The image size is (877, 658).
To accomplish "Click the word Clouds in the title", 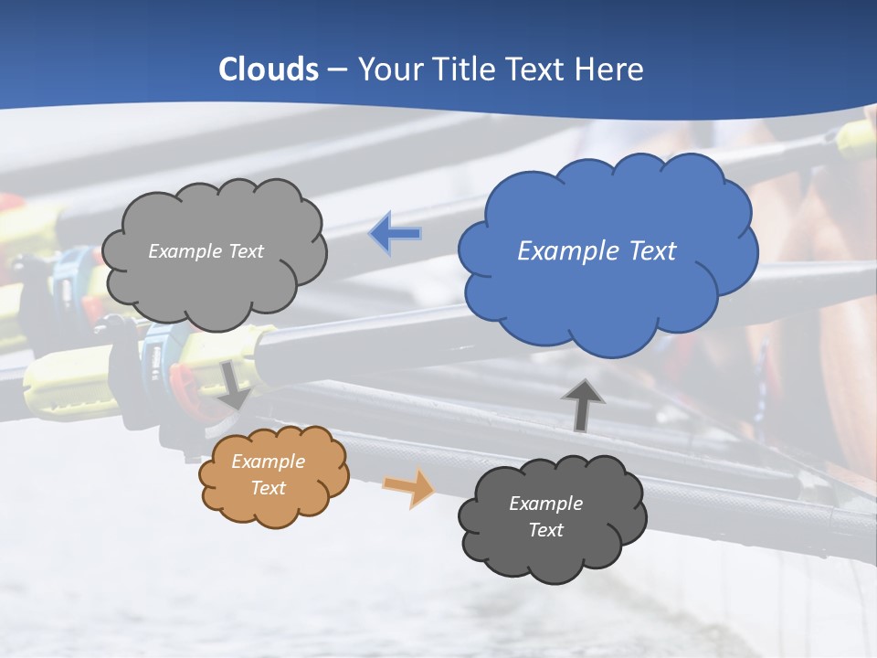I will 269,69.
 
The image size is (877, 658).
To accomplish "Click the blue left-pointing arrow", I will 395,234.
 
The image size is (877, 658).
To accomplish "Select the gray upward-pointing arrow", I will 583,405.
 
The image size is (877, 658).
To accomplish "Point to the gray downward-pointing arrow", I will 234,386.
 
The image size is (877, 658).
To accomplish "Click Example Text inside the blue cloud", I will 597,251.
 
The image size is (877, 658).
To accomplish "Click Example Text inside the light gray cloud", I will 206,251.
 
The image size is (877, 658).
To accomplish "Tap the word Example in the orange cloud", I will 268,462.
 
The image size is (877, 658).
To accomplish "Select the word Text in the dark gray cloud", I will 545,530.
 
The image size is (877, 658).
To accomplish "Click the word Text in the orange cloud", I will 268,488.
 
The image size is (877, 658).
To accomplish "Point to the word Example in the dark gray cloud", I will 545,504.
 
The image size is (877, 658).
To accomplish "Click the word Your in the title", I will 386,69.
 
